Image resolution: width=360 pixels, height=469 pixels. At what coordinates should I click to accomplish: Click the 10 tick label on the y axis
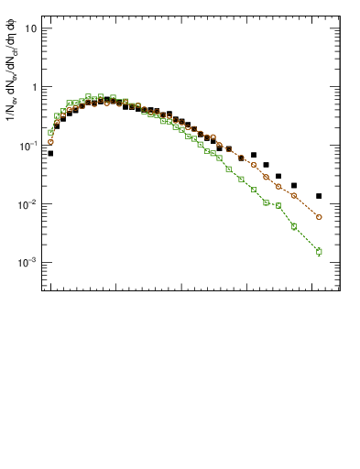pos(29,27)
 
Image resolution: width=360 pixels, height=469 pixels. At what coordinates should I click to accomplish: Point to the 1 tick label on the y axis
pos(33,87)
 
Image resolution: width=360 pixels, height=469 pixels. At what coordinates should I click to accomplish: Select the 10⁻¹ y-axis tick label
pos(27,145)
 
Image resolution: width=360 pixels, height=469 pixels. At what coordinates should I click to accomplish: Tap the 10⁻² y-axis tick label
pos(27,203)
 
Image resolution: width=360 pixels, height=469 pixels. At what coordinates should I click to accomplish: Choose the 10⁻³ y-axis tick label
pos(27,262)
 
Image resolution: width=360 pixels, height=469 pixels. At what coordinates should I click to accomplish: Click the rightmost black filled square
pos(319,196)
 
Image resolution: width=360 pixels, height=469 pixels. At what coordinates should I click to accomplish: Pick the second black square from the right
pos(294,186)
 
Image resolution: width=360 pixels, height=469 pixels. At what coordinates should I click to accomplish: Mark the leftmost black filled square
pos(50,154)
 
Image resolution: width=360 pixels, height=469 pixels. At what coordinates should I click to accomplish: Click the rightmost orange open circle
pos(319,217)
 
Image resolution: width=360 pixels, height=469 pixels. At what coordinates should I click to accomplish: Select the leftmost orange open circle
pos(50,142)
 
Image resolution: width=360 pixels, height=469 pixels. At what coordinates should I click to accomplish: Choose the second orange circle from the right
pos(294,196)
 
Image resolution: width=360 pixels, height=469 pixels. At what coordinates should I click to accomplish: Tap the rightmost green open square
pos(319,251)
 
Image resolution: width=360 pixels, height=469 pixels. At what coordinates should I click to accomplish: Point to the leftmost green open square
pos(50,133)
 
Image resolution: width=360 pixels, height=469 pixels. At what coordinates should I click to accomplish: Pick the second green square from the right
pos(294,226)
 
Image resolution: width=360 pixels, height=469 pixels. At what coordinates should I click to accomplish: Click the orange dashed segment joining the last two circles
pos(307,207)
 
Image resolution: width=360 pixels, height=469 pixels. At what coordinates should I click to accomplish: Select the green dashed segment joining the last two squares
pos(307,239)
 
